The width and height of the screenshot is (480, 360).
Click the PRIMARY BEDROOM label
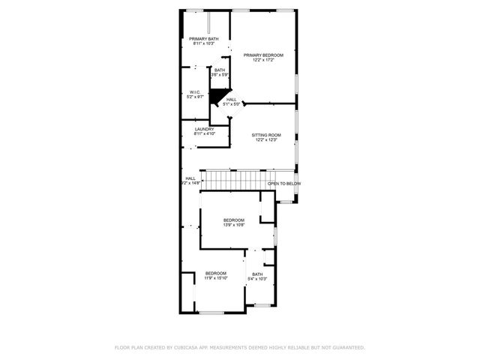click(x=263, y=55)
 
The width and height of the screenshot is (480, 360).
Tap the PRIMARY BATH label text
click(x=204, y=39)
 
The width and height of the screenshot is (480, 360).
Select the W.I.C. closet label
click(x=195, y=92)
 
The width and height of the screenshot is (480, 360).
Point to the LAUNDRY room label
click(x=205, y=129)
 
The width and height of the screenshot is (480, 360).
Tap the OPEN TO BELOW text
click(x=284, y=184)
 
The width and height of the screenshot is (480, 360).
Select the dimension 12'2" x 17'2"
click(x=263, y=60)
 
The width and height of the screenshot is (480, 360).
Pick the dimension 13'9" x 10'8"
click(x=233, y=225)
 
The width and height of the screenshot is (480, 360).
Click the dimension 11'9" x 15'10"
click(x=216, y=278)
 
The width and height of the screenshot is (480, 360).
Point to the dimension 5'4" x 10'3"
click(x=257, y=279)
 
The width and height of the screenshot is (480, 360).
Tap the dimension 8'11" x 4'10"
click(x=205, y=133)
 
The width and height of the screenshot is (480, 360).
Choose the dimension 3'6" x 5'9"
click(x=219, y=75)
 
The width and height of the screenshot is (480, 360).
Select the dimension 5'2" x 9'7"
click(x=195, y=97)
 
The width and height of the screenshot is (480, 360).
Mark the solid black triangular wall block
click(x=217, y=96)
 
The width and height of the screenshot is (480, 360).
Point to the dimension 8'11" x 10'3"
click(x=204, y=43)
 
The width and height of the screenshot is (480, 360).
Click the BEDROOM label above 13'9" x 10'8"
click(x=233, y=220)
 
